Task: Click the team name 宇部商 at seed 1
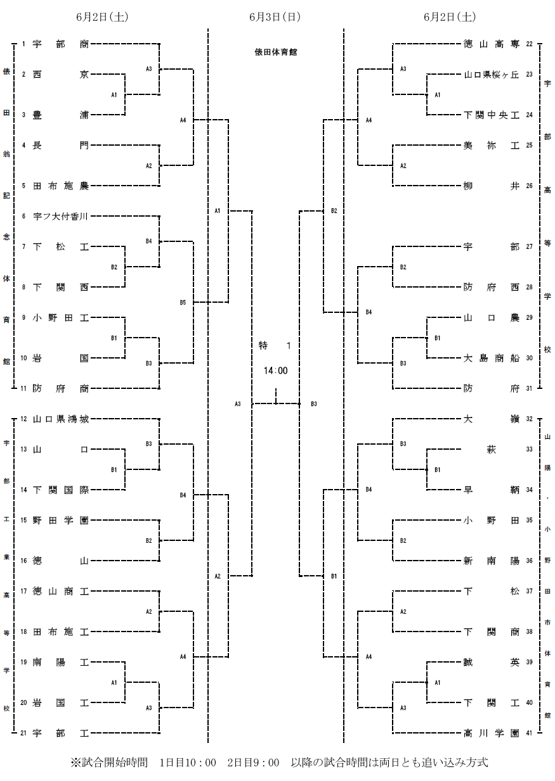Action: coord(61,44)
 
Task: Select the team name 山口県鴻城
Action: coord(61,419)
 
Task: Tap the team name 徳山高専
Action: coord(492,44)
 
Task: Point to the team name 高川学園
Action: coord(492,733)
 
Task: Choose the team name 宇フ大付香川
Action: coord(61,217)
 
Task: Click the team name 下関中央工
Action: coord(492,115)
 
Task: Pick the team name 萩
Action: coord(492,450)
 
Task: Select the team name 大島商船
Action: coord(492,358)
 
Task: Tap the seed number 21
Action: coord(23,733)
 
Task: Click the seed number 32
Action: coord(529,419)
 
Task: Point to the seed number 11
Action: coord(23,388)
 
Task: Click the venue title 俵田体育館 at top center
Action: coord(276,53)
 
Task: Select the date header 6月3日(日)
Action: coord(275,16)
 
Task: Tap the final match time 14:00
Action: coord(276,371)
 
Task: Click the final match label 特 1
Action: coord(275,345)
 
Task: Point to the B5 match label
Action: coord(183,303)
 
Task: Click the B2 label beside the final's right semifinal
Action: coord(334,211)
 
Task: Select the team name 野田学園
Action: coord(61,520)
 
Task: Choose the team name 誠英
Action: coord(492,662)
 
